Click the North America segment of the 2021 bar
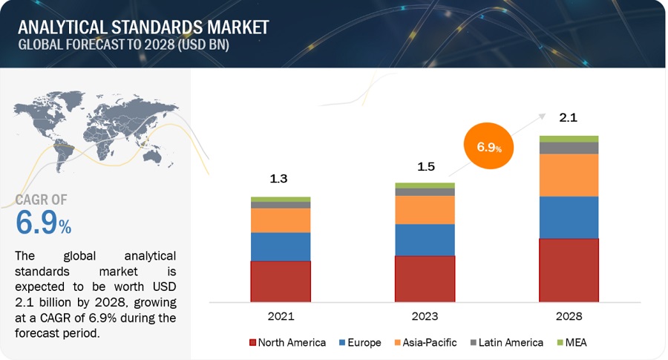pyautogui.click(x=280, y=281)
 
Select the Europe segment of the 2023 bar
pyautogui.click(x=425, y=239)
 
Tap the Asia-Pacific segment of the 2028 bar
pyautogui.click(x=569, y=174)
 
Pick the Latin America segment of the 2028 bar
pyautogui.click(x=569, y=148)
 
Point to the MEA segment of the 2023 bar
pyautogui.click(x=425, y=186)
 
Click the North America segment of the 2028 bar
pyautogui.click(x=569, y=270)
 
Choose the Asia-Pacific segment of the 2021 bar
pyautogui.click(x=280, y=220)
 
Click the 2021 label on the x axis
pyautogui.click(x=280, y=316)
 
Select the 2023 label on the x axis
pyautogui.click(x=425, y=316)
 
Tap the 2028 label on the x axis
pyautogui.click(x=569, y=316)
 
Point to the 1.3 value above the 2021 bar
pyautogui.click(x=280, y=179)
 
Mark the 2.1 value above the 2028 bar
pyautogui.click(x=569, y=117)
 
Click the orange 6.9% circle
pyautogui.click(x=488, y=146)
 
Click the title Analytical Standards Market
pyautogui.click(x=143, y=27)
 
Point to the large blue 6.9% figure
pyautogui.click(x=43, y=223)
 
